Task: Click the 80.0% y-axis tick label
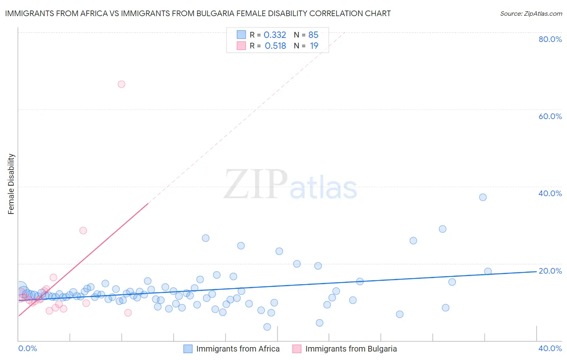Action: [550, 39]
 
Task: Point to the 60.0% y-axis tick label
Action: [550, 116]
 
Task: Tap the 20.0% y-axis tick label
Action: [550, 271]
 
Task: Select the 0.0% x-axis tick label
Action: [27, 348]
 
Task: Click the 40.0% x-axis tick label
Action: [550, 348]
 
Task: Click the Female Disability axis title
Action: [11, 184]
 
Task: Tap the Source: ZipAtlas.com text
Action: [531, 13]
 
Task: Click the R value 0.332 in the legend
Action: [275, 35]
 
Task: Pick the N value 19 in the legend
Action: [314, 46]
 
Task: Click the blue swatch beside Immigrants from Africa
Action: [188, 349]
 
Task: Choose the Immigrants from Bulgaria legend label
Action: [351, 349]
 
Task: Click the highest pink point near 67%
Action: [121, 84]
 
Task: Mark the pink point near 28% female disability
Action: [83, 230]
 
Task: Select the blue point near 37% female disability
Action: [483, 197]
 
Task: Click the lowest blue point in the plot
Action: [267, 327]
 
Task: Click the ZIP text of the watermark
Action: [256, 185]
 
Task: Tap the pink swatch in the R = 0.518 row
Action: [241, 46]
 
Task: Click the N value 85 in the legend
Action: [313, 35]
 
